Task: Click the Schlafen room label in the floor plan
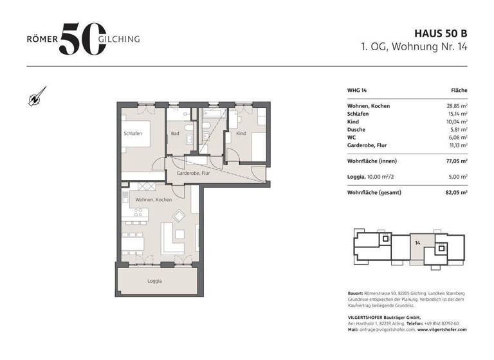133,133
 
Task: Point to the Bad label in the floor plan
174,134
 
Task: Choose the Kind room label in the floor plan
241,134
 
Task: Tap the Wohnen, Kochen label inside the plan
153,201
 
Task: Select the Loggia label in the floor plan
154,281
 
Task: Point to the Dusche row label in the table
357,129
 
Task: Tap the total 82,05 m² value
456,192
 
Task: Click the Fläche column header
459,91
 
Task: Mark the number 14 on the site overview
417,243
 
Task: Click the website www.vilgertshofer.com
442,329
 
